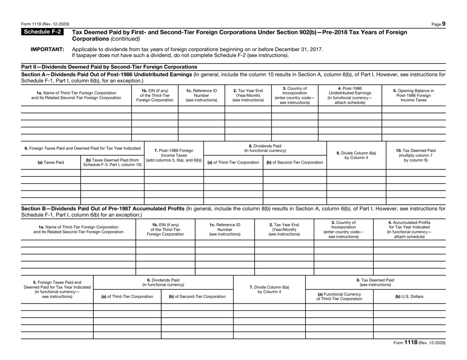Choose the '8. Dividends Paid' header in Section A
[265, 148]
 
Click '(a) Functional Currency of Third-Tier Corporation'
[340, 297]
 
